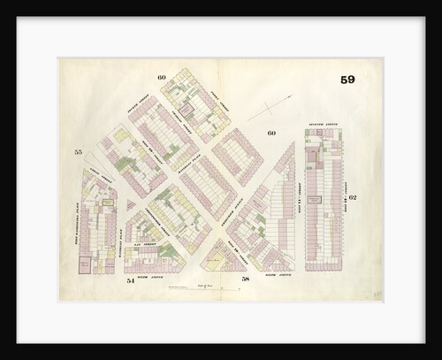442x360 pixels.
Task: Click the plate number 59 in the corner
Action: [x=347, y=80]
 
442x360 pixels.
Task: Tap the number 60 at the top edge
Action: [x=162, y=78]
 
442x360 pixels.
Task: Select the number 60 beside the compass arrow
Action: [x=271, y=134]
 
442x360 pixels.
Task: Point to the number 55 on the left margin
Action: [x=78, y=152]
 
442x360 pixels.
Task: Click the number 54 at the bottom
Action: [x=130, y=280]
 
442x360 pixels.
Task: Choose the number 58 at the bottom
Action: [x=246, y=280]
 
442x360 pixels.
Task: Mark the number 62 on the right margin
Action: [x=352, y=197]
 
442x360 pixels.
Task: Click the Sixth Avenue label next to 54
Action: [x=152, y=276]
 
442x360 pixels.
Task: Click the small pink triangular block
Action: [x=131, y=205]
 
